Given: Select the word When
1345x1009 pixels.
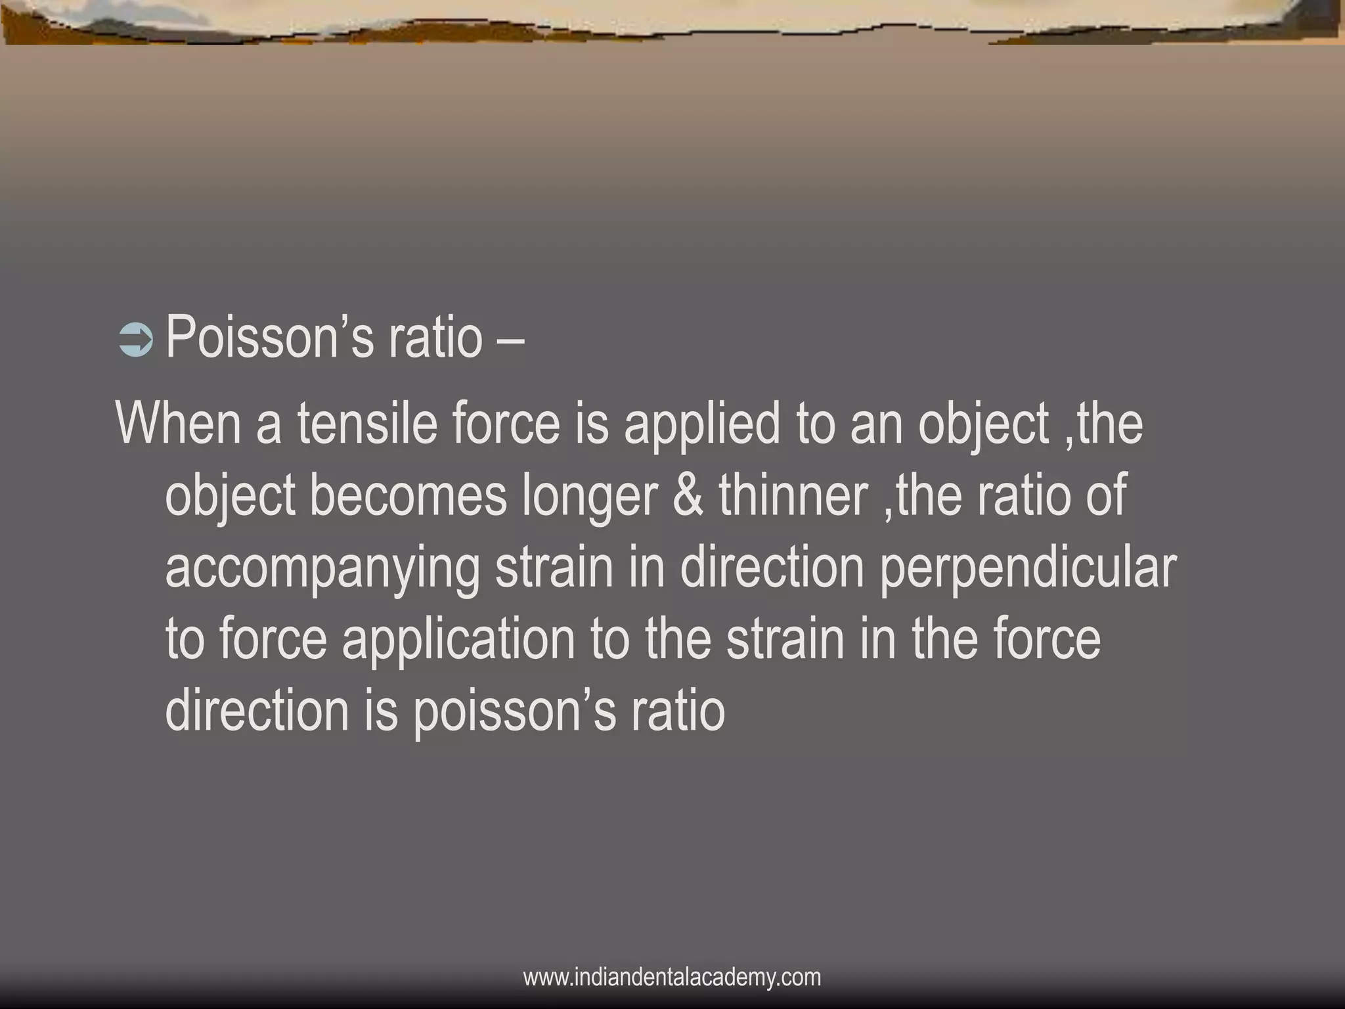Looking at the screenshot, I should point(179,424).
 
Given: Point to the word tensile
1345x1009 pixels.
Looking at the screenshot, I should point(367,424).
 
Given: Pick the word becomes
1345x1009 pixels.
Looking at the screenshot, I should point(408,496).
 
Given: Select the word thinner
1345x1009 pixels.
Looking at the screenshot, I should point(793,496).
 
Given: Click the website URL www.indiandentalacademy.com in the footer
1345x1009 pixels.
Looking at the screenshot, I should point(672,977).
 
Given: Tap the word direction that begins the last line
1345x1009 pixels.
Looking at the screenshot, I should point(257,711).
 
